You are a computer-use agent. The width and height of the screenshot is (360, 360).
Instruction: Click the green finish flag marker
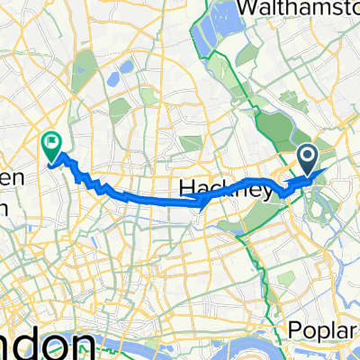point(50,142)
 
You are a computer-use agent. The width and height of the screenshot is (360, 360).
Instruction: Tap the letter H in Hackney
point(186,188)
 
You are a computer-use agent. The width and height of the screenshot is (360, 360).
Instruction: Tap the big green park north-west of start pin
point(273,125)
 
